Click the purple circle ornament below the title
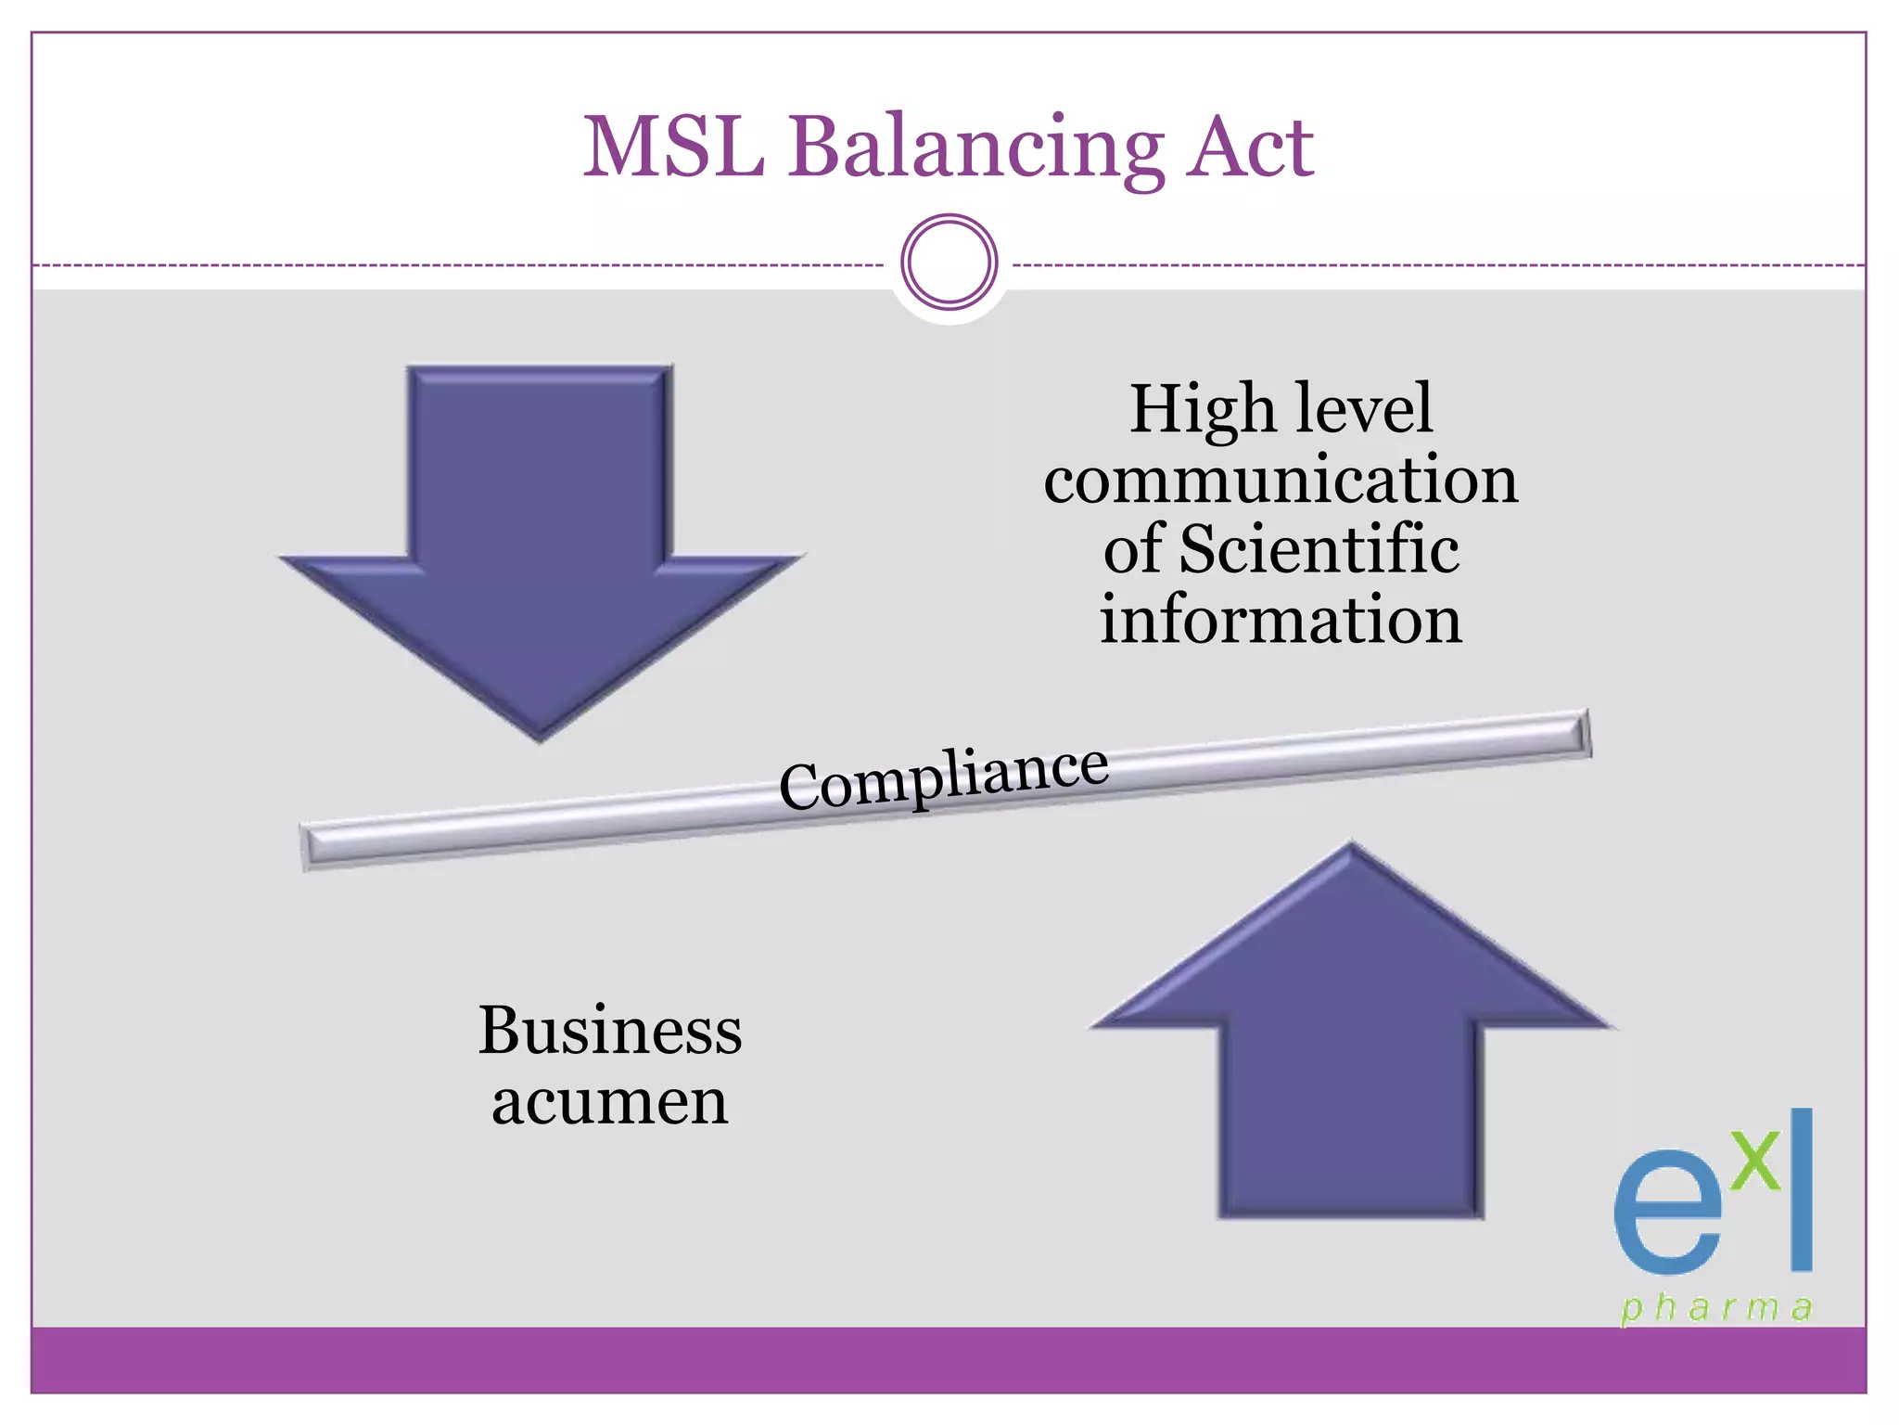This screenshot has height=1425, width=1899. [949, 262]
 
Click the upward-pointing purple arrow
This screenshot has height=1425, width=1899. [1352, 1039]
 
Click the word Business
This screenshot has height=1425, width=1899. [610, 1031]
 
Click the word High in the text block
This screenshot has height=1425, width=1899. [1202, 409]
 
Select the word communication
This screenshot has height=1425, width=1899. [1281, 480]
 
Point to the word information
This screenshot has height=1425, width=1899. [1281, 620]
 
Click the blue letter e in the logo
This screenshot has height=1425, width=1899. [1666, 1213]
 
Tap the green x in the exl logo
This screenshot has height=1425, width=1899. [1756, 1162]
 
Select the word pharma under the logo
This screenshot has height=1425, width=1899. [1716, 1308]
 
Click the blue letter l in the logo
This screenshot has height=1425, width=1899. [1801, 1189]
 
